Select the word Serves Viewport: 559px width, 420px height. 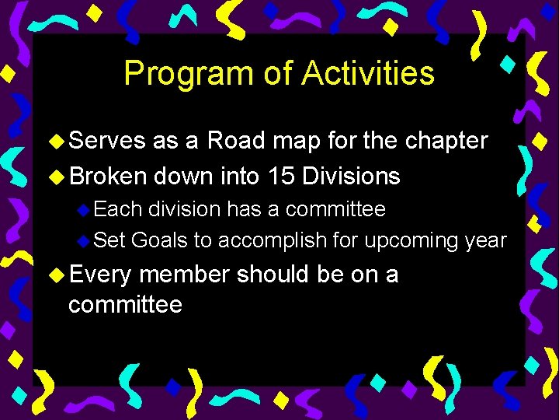point(107,141)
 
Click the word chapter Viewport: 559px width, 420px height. point(443,142)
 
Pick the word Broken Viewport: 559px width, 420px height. point(108,177)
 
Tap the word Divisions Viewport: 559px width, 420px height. point(352,177)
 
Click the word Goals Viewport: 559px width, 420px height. point(160,241)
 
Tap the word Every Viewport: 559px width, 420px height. point(100,275)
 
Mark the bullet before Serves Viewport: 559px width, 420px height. point(57,142)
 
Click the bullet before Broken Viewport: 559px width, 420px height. point(57,177)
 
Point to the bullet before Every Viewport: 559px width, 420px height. point(57,275)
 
